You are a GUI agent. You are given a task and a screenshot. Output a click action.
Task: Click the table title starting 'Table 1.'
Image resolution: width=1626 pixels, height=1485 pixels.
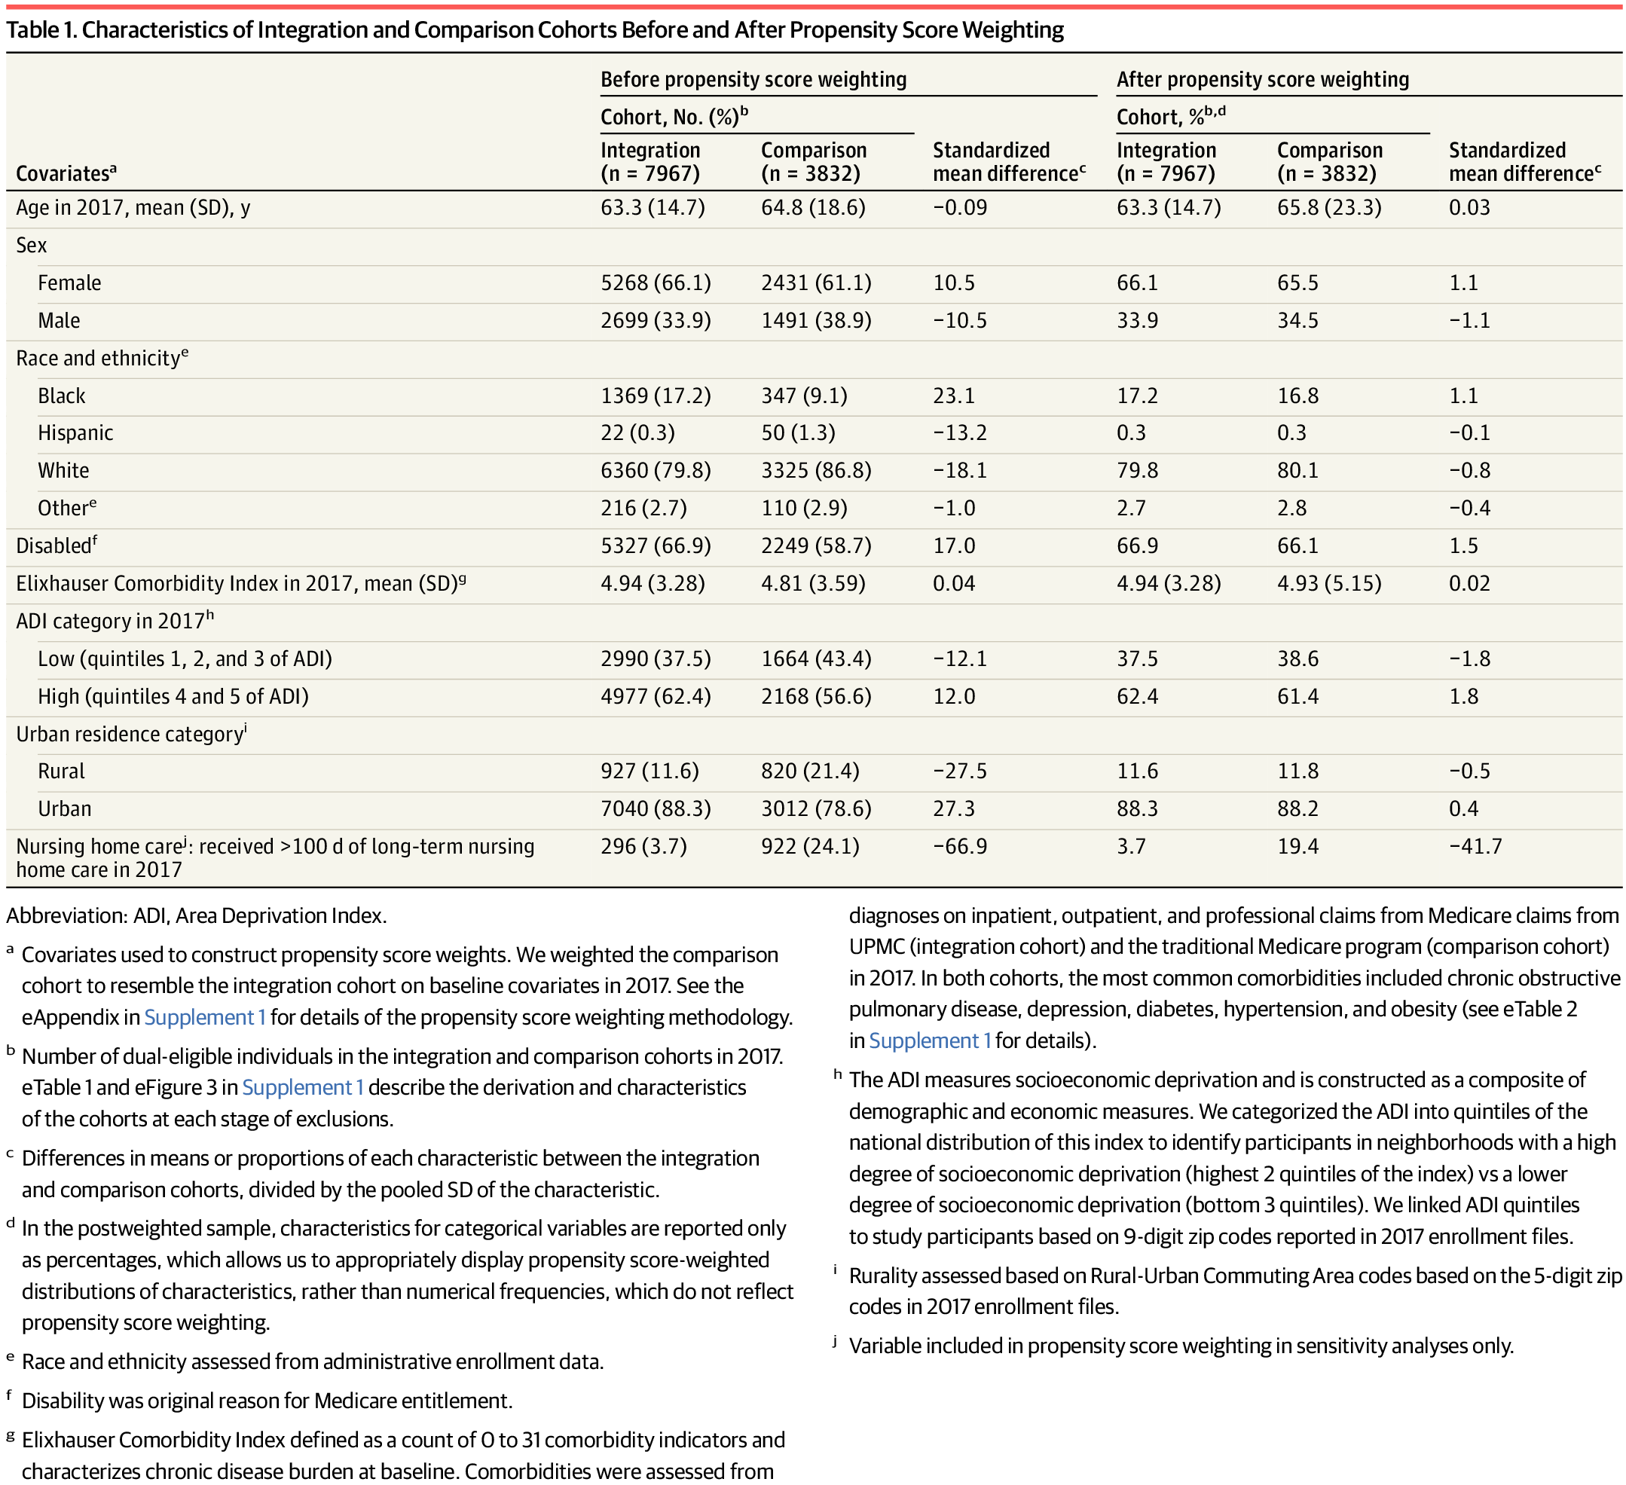coord(534,30)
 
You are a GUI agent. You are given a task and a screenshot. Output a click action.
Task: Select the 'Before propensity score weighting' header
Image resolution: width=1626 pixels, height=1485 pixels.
coord(753,79)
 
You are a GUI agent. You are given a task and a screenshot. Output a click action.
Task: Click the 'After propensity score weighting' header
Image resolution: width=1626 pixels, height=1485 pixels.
coord(1262,79)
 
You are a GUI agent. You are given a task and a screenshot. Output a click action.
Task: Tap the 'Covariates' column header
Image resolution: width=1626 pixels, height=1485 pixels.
coord(66,173)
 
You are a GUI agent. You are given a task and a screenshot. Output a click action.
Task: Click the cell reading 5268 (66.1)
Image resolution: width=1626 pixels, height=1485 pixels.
coord(655,283)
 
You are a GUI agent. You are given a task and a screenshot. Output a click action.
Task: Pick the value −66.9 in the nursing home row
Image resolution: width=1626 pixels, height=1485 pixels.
coord(959,846)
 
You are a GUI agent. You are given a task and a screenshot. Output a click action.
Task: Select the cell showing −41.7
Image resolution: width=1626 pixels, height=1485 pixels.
coord(1475,846)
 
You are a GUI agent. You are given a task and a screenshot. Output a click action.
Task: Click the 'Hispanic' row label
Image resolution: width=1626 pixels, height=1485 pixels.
coord(75,433)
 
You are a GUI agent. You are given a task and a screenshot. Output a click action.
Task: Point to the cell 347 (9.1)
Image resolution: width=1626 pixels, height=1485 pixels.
coord(803,396)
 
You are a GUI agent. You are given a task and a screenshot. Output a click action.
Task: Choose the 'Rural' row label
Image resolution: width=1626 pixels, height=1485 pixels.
coord(60,772)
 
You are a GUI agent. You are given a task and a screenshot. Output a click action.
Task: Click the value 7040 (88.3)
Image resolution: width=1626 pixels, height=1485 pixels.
coord(655,809)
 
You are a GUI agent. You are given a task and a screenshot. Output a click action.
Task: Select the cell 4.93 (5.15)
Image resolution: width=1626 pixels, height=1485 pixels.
coord(1328,583)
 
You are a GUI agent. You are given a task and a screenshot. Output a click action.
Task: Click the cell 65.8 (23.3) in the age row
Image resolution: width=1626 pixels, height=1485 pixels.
coord(1328,208)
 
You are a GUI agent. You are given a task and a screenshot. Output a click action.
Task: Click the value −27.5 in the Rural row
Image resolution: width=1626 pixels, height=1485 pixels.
coord(959,772)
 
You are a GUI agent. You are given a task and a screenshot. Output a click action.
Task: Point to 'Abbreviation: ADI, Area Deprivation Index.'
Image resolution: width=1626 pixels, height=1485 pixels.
coord(196,915)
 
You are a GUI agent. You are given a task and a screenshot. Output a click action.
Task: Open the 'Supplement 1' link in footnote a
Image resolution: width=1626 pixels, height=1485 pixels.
coord(204,1017)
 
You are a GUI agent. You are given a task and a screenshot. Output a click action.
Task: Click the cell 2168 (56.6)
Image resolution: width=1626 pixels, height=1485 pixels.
coord(815,696)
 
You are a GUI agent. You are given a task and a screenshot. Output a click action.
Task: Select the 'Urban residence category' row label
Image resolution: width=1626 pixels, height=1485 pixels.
coord(129,734)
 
